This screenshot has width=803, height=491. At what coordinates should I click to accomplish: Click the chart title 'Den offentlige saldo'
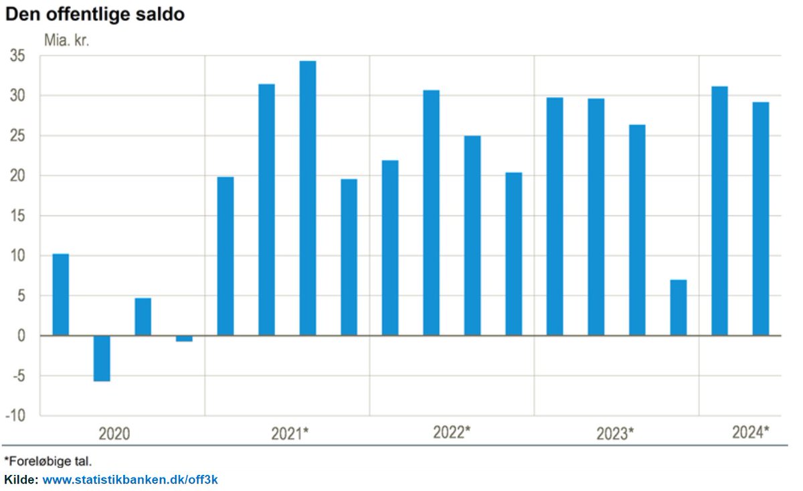(x=95, y=14)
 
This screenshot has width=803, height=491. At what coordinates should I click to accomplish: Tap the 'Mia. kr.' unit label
(x=66, y=39)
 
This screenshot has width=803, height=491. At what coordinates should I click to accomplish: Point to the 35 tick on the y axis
(x=17, y=56)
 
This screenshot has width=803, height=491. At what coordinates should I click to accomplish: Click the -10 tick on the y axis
(x=16, y=415)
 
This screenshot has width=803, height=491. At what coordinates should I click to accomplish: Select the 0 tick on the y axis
(x=21, y=336)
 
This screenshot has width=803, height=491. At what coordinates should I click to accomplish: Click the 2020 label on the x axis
(x=114, y=433)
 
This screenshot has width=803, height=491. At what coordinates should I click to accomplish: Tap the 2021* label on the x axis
(x=290, y=433)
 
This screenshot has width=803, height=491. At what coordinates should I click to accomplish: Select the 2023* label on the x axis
(x=614, y=433)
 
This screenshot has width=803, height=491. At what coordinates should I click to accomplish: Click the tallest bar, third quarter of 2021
(x=308, y=198)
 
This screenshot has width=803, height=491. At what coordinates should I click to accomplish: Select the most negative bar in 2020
(x=102, y=358)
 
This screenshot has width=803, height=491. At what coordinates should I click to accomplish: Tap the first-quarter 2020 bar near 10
(x=61, y=294)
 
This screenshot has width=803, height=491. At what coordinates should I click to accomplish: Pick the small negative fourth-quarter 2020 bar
(x=184, y=338)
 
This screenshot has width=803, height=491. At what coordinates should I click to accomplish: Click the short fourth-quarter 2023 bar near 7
(x=678, y=308)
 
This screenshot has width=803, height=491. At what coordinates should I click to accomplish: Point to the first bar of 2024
(x=719, y=211)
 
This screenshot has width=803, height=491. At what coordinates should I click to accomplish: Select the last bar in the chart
(x=760, y=218)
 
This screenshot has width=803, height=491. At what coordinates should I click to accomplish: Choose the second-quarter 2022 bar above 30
(x=432, y=213)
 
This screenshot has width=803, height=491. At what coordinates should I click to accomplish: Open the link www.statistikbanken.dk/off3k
(x=130, y=480)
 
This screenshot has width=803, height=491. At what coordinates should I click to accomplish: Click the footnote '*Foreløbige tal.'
(x=48, y=461)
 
